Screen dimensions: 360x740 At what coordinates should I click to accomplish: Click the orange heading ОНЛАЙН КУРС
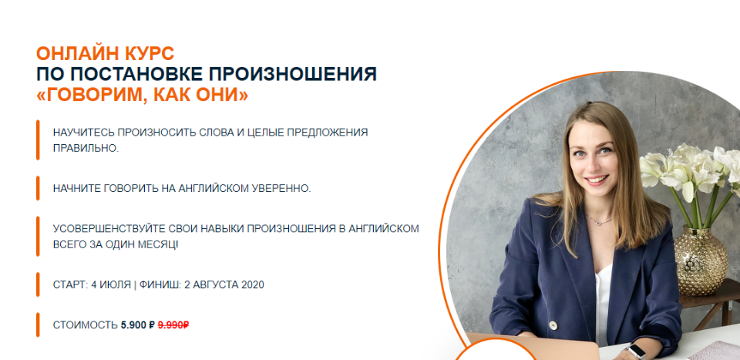105,54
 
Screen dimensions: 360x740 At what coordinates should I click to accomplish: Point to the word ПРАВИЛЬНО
85,148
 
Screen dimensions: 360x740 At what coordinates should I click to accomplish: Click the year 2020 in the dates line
253,284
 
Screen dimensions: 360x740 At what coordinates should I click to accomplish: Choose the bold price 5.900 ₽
138,325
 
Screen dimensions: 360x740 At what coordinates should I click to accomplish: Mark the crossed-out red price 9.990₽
173,325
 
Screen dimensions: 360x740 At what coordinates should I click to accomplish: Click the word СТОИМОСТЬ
85,325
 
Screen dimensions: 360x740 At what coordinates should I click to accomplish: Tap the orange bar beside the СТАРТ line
37,284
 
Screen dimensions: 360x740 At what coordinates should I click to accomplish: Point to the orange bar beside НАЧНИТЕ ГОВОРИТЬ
37,188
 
